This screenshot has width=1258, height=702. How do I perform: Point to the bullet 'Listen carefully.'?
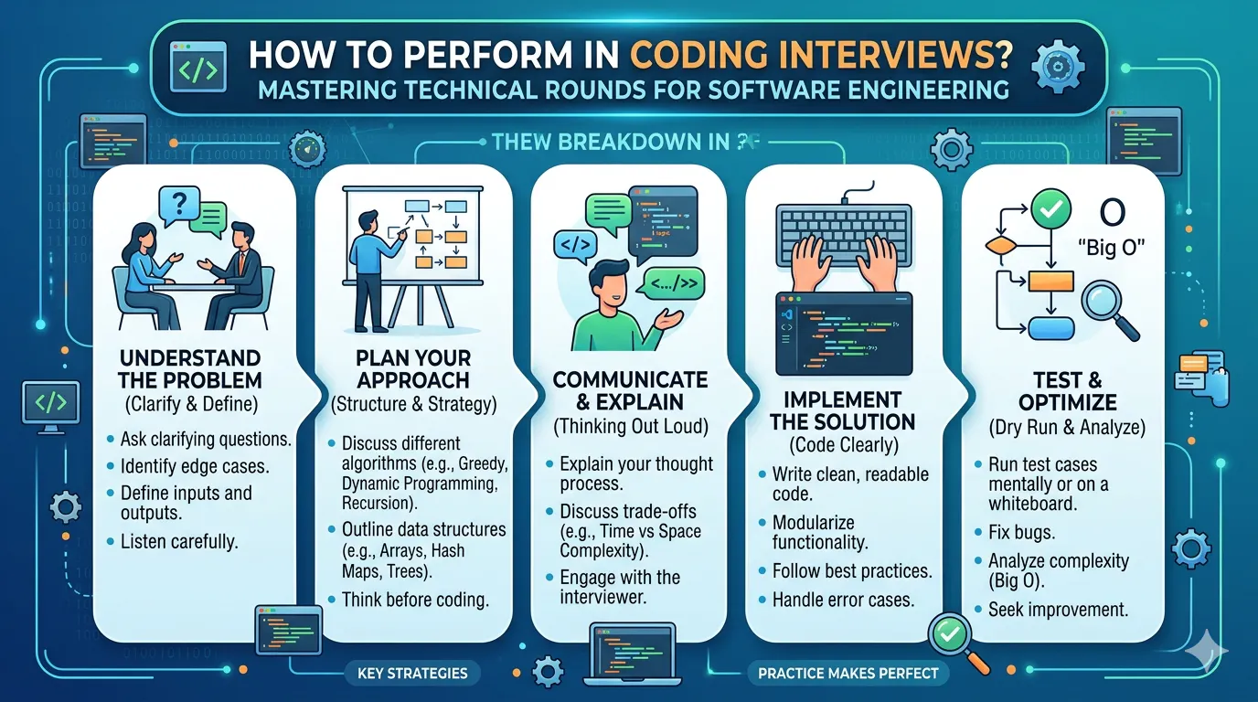point(179,541)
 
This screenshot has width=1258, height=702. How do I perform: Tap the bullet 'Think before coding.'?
point(414,600)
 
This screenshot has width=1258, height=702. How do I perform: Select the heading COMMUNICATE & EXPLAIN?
point(630,390)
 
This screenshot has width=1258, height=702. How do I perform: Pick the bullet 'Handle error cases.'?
point(842,601)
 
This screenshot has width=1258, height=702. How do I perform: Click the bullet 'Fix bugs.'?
point(1023,530)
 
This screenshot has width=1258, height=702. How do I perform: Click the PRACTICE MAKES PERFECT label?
point(848,674)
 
